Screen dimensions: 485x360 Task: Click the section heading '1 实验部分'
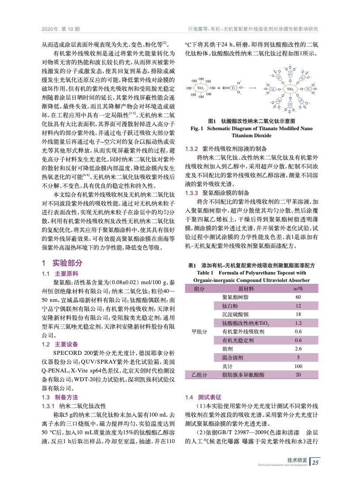[x=62, y=263]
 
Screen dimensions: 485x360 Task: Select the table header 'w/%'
[x=298, y=289]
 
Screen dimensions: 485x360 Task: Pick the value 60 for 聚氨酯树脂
[x=298, y=297]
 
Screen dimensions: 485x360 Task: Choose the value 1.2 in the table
[x=298, y=323]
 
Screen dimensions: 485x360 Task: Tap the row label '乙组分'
[x=199, y=375]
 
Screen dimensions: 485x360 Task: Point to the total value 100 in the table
[x=298, y=366]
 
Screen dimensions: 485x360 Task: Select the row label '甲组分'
[x=199, y=331]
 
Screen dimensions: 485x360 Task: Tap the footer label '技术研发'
[x=297, y=459]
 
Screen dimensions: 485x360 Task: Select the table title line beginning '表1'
[x=251, y=266]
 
